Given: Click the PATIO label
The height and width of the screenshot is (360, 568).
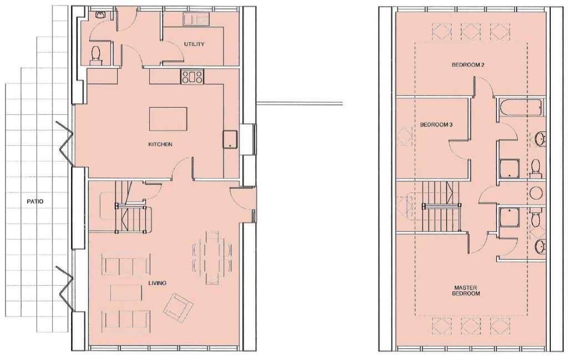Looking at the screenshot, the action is [35, 201].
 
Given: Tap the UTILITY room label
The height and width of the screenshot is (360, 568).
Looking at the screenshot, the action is [194, 44].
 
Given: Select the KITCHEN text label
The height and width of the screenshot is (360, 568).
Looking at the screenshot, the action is [160, 144].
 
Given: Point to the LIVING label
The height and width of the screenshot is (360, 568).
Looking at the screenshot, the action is [157, 283].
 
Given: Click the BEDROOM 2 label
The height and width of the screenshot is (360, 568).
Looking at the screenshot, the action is [468, 65].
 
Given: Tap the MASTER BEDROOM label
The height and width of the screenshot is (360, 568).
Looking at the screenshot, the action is [466, 291].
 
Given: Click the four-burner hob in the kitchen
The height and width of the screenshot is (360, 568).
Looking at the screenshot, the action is [192, 77].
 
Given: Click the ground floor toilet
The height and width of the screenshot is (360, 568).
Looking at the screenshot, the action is [95, 55].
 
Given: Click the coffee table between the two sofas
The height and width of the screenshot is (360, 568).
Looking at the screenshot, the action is [126, 292].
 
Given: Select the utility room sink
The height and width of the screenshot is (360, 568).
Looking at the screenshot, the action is [196, 19].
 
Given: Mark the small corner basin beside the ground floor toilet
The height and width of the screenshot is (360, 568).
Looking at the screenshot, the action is [100, 15].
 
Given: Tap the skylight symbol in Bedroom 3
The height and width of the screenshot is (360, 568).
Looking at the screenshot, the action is [404, 136].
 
